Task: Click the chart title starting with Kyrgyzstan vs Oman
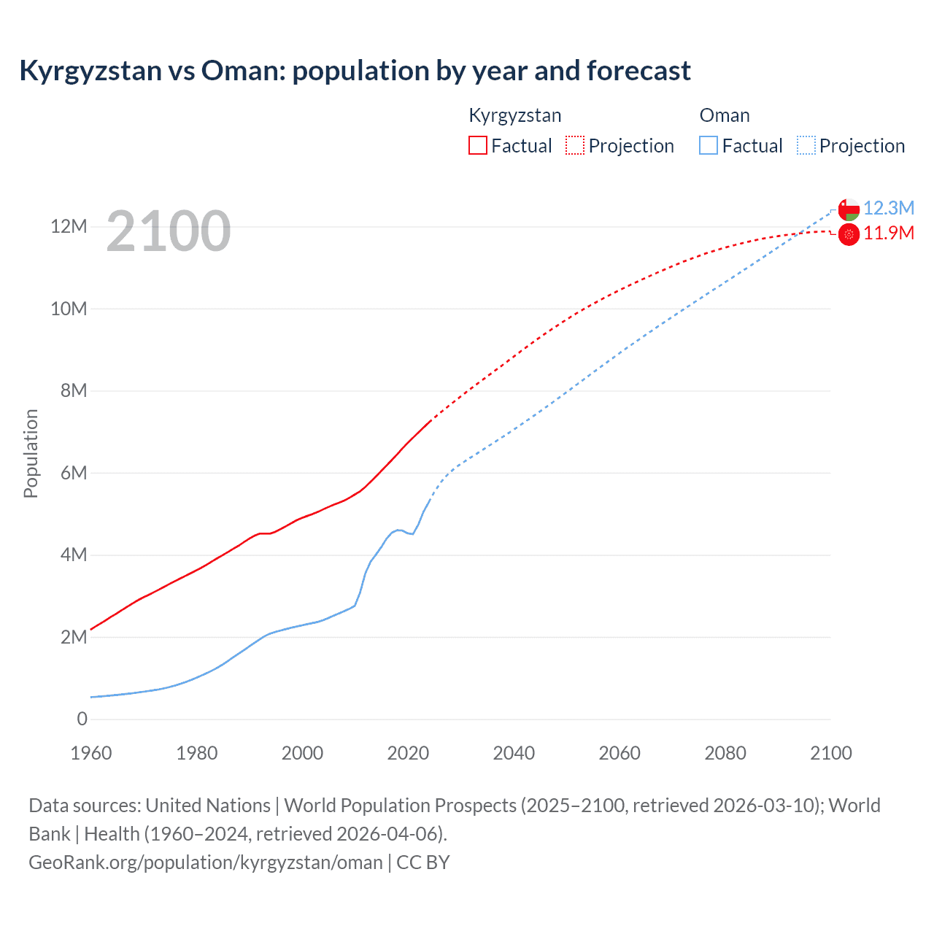coord(355,71)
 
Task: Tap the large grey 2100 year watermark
coord(169,231)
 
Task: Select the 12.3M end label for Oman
coord(889,208)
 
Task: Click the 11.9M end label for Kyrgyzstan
coord(889,233)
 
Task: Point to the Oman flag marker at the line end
coord(849,209)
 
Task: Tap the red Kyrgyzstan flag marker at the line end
coord(849,235)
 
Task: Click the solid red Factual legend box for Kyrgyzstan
coord(478,145)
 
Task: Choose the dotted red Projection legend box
coord(575,145)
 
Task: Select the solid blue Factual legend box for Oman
coord(709,145)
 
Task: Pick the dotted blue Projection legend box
coord(806,145)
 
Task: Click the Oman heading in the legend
coord(725,115)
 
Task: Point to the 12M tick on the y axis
coord(69,227)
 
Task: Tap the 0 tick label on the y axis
coord(82,719)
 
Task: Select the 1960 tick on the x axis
coord(91,753)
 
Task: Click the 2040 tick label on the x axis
coord(514,753)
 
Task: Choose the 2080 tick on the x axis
coord(725,753)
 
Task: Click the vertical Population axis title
coord(31,453)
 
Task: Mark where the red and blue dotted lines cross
coord(801,233)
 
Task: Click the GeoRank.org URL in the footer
coord(205,862)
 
